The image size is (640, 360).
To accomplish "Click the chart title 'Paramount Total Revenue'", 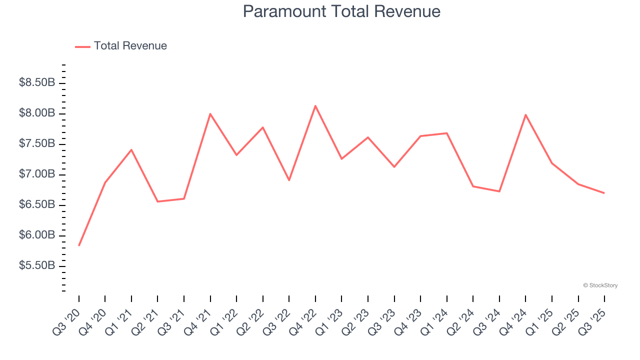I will point(341,11).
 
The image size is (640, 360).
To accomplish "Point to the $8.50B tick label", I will point(37,82).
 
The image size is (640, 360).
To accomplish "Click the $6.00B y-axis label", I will point(37,235).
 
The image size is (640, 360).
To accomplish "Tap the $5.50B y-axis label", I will point(37,265).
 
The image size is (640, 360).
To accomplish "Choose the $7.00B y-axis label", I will point(37,174).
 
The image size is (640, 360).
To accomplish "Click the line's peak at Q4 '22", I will point(315,105).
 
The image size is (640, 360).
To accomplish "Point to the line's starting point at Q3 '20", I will point(79,245).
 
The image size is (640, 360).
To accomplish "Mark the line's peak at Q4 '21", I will point(210,114).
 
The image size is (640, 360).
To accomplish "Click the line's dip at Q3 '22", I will point(289,180).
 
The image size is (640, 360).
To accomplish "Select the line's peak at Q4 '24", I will point(525,114).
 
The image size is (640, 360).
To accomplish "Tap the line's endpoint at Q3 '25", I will point(604,193).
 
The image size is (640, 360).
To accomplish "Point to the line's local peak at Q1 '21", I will point(131,149).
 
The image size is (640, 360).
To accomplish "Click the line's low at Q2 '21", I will point(157,201).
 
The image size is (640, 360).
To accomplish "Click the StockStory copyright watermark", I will point(600,285).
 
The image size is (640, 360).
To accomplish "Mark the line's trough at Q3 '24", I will point(499,191).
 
